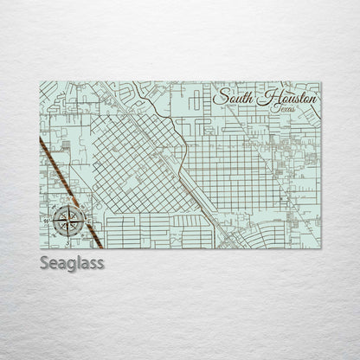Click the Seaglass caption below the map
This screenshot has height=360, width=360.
72,262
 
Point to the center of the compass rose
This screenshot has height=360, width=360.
68,221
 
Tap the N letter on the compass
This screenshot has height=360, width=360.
68,203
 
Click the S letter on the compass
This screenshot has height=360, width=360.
68,240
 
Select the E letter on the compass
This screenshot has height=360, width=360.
87,221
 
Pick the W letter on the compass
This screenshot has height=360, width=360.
49,221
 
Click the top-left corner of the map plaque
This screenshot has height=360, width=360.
40,82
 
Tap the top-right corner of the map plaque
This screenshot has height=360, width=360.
320,82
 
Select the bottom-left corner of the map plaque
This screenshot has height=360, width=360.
40,248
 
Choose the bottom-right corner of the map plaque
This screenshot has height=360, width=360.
320,248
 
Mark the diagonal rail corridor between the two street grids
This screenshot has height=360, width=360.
195,186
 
